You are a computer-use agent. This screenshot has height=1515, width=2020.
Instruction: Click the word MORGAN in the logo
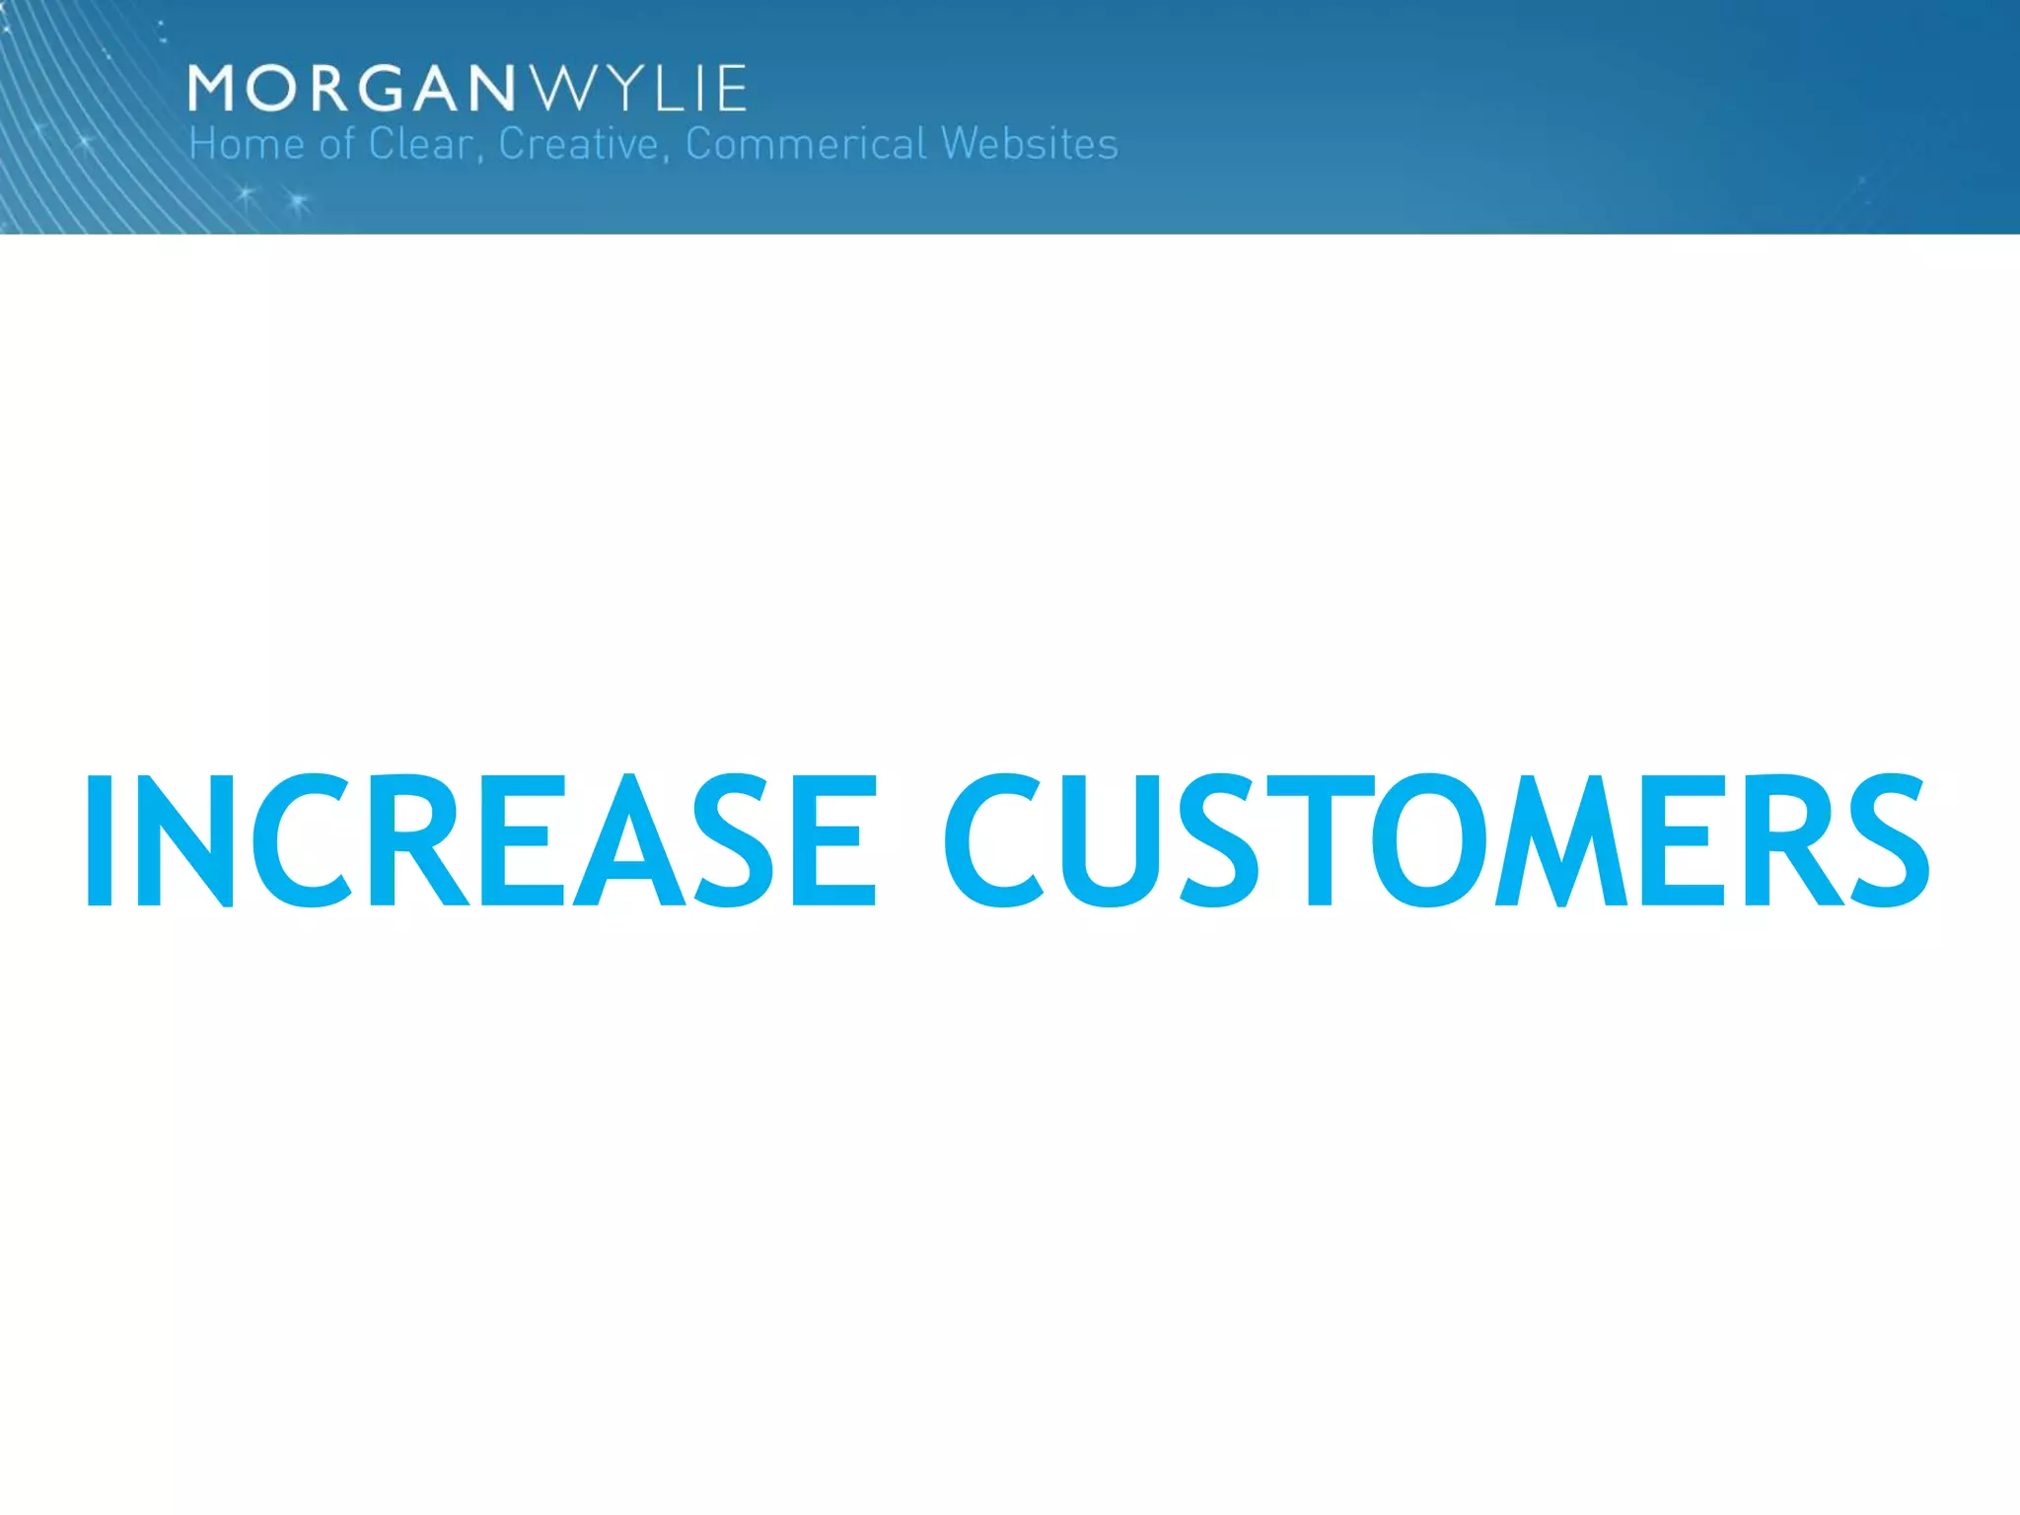click(351, 89)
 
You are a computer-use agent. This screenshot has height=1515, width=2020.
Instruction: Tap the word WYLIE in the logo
click(639, 89)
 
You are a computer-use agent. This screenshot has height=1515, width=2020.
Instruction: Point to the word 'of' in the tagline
click(336, 145)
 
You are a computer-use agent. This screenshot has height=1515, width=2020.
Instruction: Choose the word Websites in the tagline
click(1030, 145)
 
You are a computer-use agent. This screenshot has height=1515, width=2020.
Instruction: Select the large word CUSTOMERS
click(1436, 839)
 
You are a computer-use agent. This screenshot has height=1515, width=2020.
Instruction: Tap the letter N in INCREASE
click(183, 839)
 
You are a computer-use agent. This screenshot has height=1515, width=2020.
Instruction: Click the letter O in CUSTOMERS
click(1426, 839)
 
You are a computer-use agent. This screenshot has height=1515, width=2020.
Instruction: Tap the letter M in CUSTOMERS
click(1561, 839)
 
